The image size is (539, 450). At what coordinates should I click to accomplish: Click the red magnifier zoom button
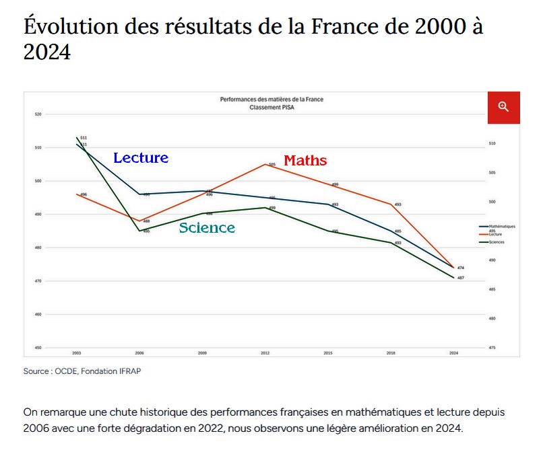point(503,107)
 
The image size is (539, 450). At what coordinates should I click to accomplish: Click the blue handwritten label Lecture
point(141,158)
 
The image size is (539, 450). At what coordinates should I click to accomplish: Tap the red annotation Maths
point(305,161)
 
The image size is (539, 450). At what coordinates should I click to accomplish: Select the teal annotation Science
point(207,228)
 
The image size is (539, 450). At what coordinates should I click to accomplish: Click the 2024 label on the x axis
point(453,352)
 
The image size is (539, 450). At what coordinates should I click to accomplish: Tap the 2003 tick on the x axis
point(77,352)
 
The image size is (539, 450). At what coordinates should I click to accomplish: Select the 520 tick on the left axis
point(38,114)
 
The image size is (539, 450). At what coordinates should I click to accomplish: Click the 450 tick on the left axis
point(38,348)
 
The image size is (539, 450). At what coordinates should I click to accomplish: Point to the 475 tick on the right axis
point(493,348)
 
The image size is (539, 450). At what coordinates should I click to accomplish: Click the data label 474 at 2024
point(460,268)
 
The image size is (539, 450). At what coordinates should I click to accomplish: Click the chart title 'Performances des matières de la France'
point(272,99)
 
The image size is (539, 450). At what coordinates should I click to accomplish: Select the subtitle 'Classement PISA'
point(272,106)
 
